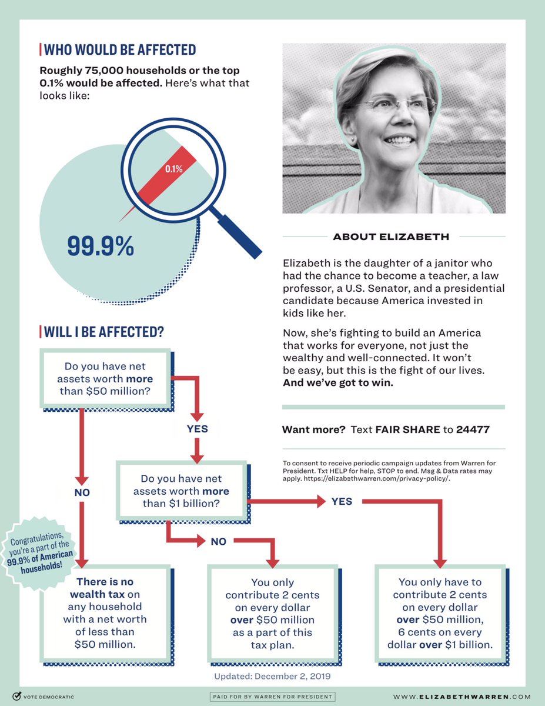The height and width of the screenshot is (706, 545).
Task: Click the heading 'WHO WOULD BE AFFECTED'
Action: [120, 49]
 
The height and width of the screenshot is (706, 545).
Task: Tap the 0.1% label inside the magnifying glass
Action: [173, 169]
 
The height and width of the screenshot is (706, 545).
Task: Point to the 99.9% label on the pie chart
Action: [101, 246]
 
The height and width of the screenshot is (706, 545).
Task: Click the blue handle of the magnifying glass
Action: [238, 236]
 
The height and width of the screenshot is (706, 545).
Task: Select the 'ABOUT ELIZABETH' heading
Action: [391, 237]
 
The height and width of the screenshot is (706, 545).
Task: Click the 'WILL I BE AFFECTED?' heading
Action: [103, 332]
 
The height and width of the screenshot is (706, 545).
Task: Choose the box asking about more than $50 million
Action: [104, 378]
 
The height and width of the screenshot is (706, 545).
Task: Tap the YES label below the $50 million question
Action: [198, 428]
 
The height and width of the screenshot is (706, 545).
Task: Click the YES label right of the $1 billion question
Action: [342, 501]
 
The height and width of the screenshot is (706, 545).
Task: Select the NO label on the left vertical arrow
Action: [82, 492]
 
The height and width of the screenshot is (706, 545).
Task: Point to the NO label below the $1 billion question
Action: [218, 541]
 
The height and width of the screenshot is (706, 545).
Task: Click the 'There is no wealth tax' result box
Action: [105, 612]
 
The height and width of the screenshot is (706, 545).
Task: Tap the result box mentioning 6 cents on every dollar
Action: [440, 612]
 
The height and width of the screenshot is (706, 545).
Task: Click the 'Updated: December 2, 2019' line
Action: [272, 677]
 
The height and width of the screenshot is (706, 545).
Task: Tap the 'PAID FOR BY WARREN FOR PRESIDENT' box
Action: [272, 697]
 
